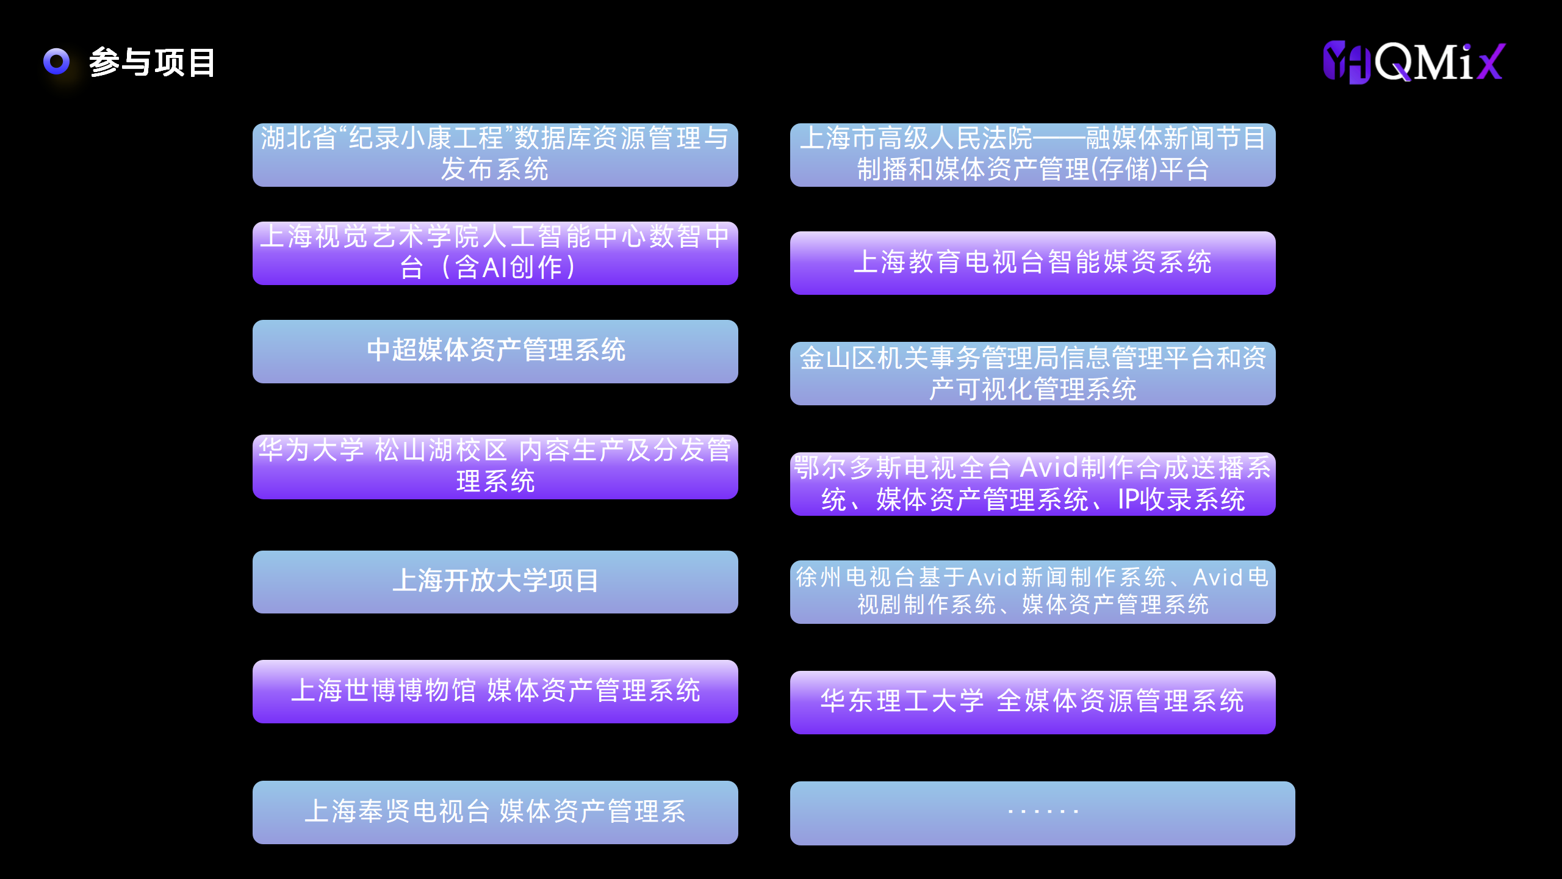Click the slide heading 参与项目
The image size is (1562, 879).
(x=152, y=62)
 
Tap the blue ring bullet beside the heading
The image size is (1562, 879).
(x=57, y=61)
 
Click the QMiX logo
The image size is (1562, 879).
(x=1414, y=62)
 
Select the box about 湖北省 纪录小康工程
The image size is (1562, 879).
(x=495, y=155)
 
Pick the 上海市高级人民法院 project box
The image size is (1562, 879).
(x=1032, y=155)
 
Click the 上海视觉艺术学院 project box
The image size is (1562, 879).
(x=495, y=253)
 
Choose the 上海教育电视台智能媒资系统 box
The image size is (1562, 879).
(x=1032, y=262)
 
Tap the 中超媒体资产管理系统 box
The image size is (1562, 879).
(x=495, y=351)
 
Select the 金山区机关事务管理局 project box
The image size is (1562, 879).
(x=1032, y=374)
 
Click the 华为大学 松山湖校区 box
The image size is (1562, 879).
(x=495, y=466)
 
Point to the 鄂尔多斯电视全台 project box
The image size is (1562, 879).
(x=1032, y=483)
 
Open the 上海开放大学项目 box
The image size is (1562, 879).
(x=495, y=581)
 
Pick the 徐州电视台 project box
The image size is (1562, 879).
(x=1032, y=591)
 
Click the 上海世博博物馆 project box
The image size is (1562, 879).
(x=495, y=691)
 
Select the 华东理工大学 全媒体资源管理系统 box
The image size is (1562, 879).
(x=1032, y=702)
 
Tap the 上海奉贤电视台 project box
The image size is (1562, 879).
(x=495, y=812)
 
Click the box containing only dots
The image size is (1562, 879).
(x=1042, y=813)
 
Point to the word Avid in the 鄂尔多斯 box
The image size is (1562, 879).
(x=1049, y=468)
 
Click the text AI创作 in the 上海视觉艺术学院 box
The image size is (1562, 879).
(x=522, y=267)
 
